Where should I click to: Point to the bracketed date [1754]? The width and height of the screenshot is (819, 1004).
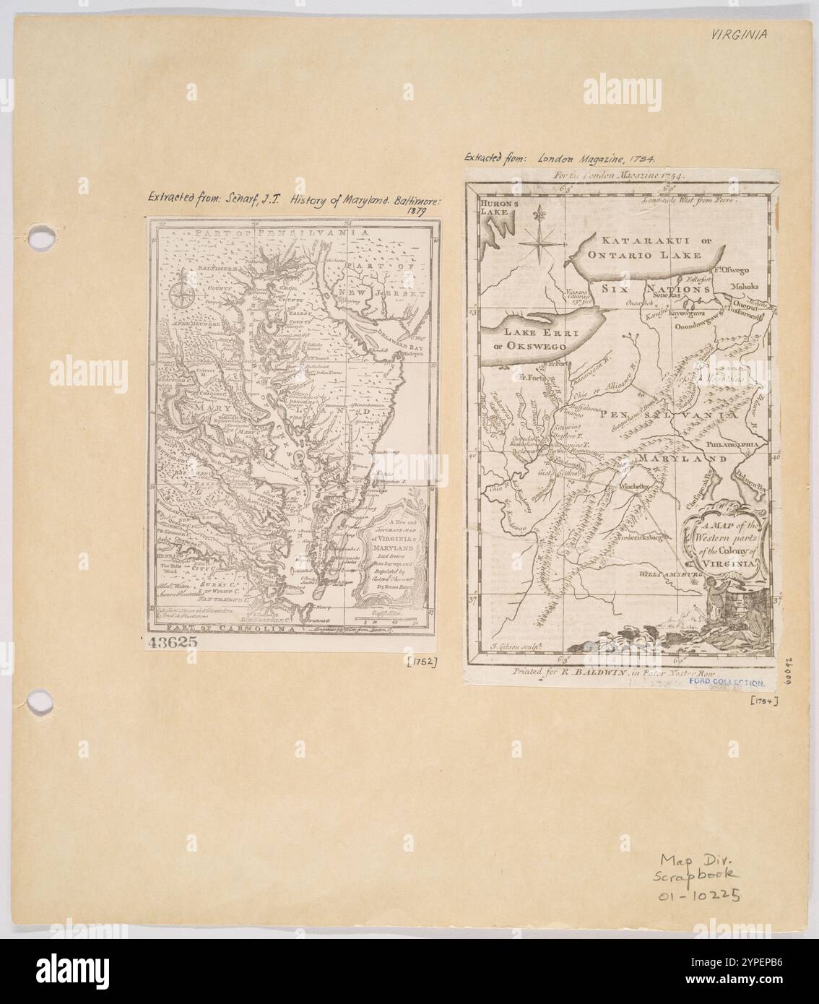pos(763,699)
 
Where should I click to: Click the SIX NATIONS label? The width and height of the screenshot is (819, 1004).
pos(661,288)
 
